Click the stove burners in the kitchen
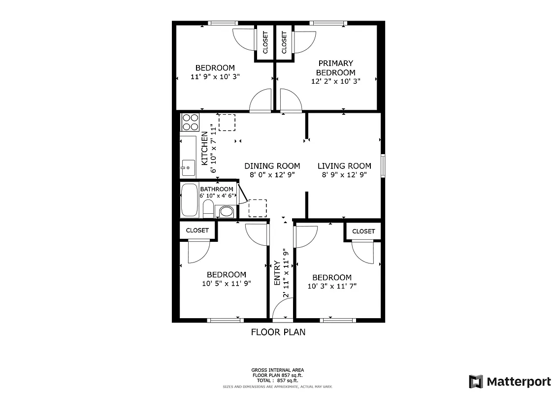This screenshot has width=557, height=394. tap(190, 122)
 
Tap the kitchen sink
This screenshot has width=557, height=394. tap(188, 168)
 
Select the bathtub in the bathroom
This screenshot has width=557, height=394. tap(189, 200)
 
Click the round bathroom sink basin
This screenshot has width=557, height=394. tap(226, 212)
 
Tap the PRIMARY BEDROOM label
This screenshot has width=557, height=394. tap(335, 68)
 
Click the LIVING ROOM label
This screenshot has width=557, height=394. tap(344, 166)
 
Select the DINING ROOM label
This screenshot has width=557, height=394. tap(272, 166)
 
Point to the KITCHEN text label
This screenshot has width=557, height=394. tap(204, 148)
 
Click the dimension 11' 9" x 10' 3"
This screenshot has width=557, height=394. tap(215, 77)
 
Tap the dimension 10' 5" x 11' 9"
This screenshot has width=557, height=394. tap(226, 283)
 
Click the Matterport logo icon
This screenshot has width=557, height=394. tap(476, 381)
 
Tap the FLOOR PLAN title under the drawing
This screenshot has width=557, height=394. tap(278, 332)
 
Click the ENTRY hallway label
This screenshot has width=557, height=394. tap(277, 274)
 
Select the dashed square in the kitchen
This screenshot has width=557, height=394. tap(227, 122)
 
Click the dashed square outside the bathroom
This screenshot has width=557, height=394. tap(258, 208)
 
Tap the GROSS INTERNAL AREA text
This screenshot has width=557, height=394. tap(278, 370)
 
